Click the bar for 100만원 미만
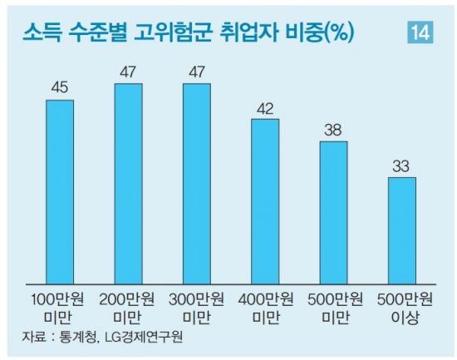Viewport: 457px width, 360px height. coord(60,190)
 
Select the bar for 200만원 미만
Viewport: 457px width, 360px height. coord(128,183)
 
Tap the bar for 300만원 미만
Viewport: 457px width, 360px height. coord(197,183)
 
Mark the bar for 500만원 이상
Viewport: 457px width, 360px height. coord(402,229)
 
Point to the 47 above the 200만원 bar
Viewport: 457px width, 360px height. coord(128,72)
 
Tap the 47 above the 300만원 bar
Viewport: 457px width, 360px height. coord(197,72)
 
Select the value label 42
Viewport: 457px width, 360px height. coord(265,108)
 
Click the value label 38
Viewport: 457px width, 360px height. coord(333,131)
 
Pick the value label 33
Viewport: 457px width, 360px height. coord(402,165)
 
